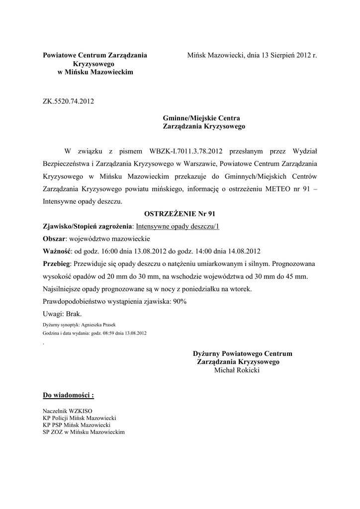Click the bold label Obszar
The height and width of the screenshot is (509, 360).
(x=54, y=238)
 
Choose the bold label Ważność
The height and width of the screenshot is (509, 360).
(x=57, y=251)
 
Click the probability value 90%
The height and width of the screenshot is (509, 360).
(x=180, y=301)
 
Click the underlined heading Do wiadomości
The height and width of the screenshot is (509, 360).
(x=68, y=396)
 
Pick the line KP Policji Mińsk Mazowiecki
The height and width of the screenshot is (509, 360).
(x=80, y=419)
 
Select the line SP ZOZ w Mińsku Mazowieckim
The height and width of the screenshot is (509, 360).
(x=84, y=431)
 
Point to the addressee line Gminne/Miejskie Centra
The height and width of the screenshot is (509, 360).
(x=201, y=118)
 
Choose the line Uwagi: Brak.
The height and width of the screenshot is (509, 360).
(x=63, y=314)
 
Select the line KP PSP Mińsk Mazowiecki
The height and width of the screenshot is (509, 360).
(x=77, y=425)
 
